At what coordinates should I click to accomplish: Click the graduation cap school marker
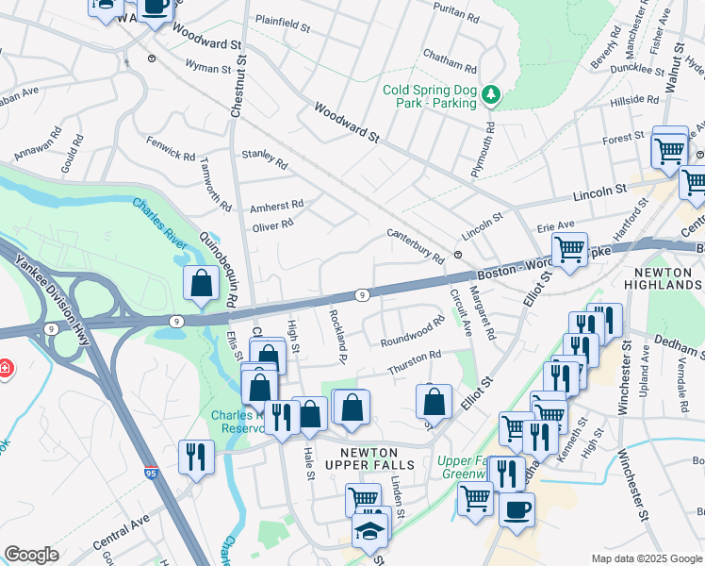point(370,531)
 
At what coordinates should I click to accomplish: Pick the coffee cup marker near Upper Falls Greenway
point(516,509)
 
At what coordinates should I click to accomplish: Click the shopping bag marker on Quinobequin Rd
point(203,283)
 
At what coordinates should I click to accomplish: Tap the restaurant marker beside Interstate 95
point(196,457)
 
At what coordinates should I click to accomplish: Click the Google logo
point(31,555)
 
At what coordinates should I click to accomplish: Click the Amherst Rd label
point(276,205)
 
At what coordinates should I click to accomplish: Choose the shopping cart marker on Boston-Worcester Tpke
point(569,250)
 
